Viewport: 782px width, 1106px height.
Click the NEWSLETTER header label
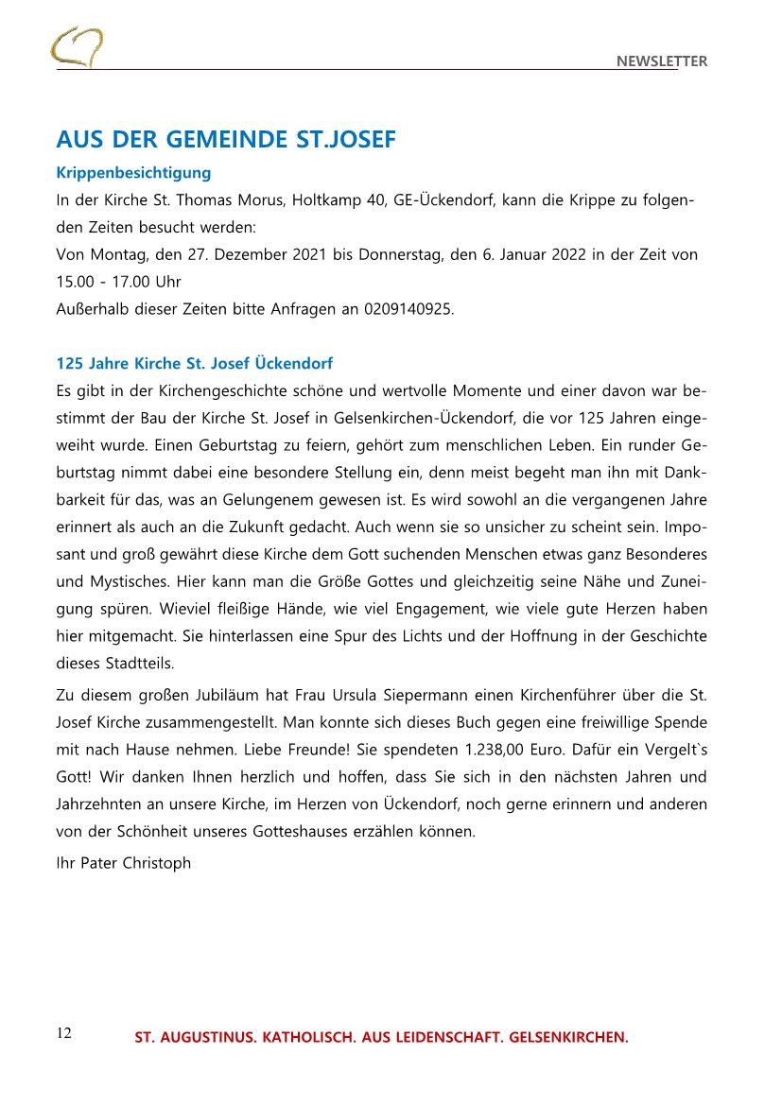(662, 61)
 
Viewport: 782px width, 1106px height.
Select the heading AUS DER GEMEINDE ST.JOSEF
(226, 141)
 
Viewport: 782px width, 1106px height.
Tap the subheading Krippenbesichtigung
(133, 173)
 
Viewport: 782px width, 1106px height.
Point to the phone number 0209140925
(401, 308)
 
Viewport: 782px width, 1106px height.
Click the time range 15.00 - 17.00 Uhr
(118, 282)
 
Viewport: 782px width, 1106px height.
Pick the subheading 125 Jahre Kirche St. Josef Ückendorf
(195, 363)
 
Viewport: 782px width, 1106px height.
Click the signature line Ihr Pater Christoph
(124, 863)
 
